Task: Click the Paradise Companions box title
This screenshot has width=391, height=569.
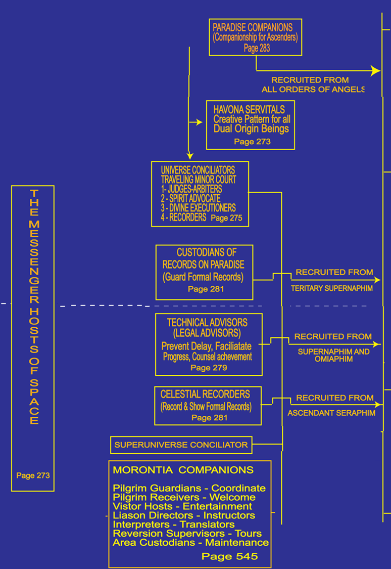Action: [253, 27]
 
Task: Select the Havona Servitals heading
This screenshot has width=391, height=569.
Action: [249, 109]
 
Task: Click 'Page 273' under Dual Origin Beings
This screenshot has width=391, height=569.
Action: [252, 142]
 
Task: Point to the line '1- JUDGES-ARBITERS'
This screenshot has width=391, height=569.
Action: [191, 189]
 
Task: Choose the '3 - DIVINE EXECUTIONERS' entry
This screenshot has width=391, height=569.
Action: [198, 208]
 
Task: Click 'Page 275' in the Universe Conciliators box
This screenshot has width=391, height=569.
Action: [226, 218]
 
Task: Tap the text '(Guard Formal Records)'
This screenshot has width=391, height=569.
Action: [203, 277]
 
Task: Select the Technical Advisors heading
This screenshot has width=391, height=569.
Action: [207, 322]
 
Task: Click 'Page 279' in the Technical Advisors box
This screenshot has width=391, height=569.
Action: [209, 368]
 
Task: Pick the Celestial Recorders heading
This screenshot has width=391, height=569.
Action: [205, 394]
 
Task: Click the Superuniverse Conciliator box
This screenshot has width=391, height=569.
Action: [181, 445]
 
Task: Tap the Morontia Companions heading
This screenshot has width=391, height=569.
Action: [183, 470]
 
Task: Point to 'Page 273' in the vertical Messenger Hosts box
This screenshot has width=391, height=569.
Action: [33, 475]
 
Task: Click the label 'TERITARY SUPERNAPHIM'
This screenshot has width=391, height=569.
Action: [331, 288]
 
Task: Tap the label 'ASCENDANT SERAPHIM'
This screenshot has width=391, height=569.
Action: [331, 413]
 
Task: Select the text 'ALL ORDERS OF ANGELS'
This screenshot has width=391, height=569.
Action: [313, 90]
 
